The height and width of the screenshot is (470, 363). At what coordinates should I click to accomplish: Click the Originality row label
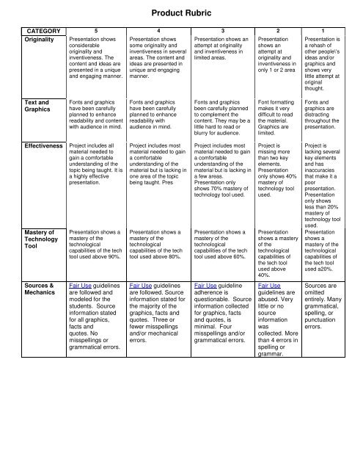coord(37,41)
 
